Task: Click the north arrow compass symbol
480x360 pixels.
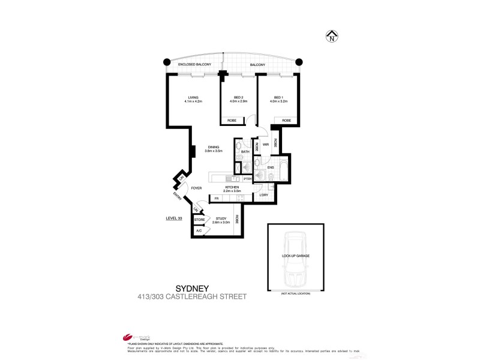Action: pyautogui.click(x=331, y=37)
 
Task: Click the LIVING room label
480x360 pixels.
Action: pyautogui.click(x=193, y=97)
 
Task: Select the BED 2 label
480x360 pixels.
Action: pyautogui.click(x=238, y=97)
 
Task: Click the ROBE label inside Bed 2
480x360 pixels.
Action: pyautogui.click(x=232, y=121)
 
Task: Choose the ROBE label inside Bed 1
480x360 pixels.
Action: pyautogui.click(x=286, y=121)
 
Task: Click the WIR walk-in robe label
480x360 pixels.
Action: pyautogui.click(x=265, y=145)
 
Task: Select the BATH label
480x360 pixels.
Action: pyautogui.click(x=245, y=152)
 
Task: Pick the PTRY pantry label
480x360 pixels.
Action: pyautogui.click(x=247, y=178)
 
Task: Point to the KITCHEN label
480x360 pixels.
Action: pyautogui.click(x=233, y=188)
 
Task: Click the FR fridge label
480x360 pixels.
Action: pyautogui.click(x=215, y=199)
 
